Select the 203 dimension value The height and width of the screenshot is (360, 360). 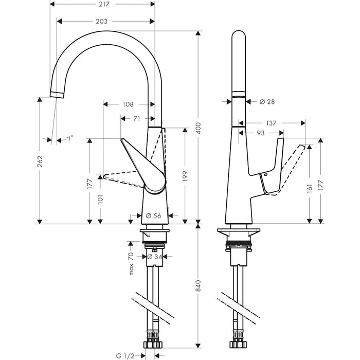tap(101, 21)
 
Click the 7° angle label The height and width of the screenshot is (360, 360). tap(69, 138)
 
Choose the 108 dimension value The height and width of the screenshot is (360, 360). tap(128, 104)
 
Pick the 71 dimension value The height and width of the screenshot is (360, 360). tap(136, 119)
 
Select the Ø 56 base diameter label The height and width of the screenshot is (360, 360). tap(155, 215)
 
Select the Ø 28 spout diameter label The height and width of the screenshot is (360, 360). tap(267, 102)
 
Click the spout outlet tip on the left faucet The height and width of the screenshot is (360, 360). tap(57, 93)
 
